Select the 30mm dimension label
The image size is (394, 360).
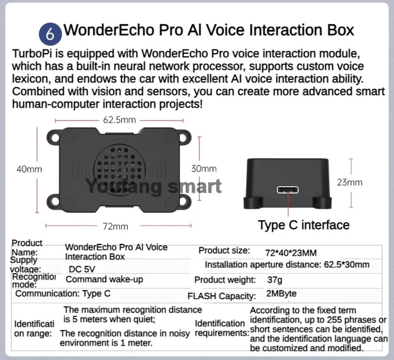[203, 168]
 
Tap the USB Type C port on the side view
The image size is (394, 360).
[287, 190]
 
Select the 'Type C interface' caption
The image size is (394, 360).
[303, 225]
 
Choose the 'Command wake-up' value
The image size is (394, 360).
[104, 280]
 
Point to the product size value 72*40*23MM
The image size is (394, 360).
[291, 253]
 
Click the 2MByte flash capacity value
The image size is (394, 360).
[281, 295]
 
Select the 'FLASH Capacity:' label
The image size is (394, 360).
[222, 296]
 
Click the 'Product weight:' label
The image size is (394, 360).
[225, 280]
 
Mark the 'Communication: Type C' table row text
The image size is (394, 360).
[63, 294]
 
